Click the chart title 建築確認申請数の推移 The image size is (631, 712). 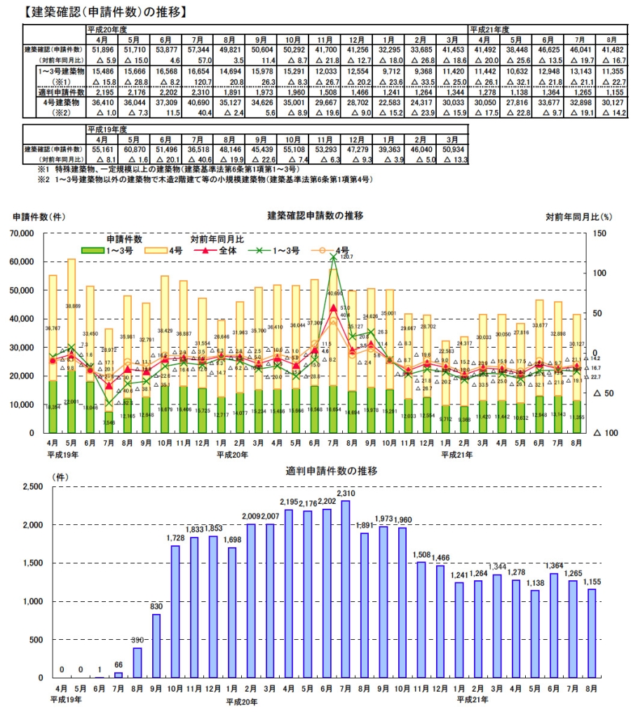(x=315, y=215)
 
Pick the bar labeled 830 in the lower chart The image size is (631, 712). (x=156, y=645)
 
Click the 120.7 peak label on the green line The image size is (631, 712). (x=344, y=257)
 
